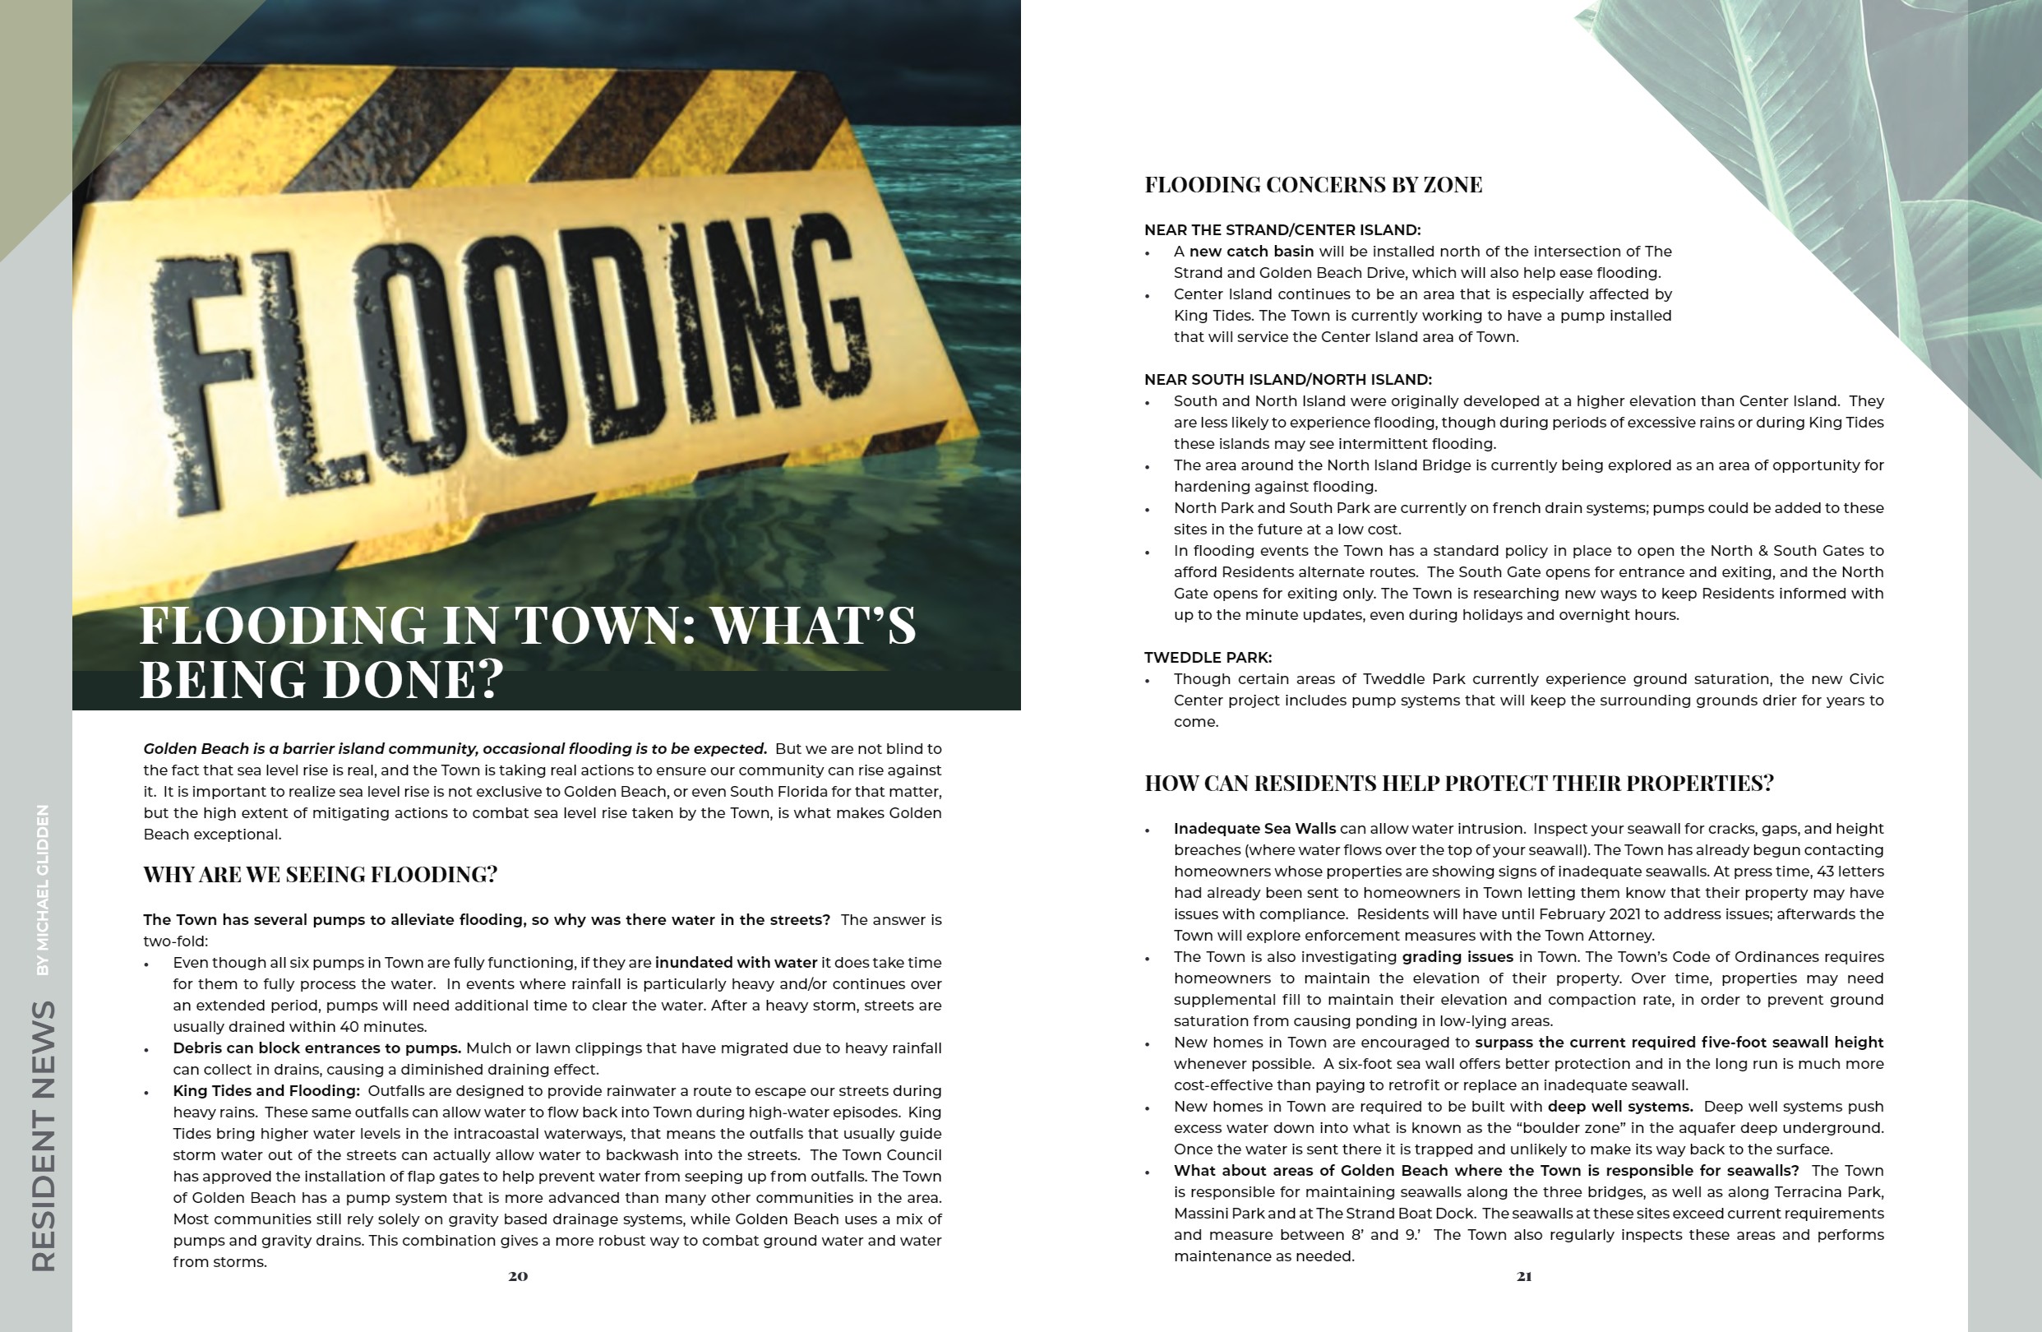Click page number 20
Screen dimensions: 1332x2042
[x=518, y=1276]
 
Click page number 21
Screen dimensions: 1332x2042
[x=1524, y=1276]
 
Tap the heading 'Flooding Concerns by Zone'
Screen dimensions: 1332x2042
[x=1313, y=184]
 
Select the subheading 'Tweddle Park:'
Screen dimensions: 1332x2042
[x=1207, y=658]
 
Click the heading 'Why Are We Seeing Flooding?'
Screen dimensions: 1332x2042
[x=320, y=875]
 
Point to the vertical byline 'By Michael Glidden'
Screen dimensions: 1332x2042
[x=43, y=889]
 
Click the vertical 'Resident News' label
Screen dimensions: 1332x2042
[x=44, y=1135]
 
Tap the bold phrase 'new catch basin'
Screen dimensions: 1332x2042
[x=1251, y=252]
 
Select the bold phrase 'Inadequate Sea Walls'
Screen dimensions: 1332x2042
[x=1254, y=829]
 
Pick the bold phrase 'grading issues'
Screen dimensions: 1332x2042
[x=1457, y=957]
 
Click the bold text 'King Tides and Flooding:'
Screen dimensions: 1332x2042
[x=266, y=1091]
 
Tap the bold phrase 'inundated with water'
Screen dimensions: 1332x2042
[x=735, y=963]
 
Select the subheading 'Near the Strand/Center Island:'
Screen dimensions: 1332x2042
[x=1282, y=230]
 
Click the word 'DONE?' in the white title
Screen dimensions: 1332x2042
[x=413, y=679]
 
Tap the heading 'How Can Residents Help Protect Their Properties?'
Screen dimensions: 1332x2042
[x=1458, y=784]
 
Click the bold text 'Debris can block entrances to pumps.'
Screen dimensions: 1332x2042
[x=316, y=1048]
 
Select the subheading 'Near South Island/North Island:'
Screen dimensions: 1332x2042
[x=1287, y=379]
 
